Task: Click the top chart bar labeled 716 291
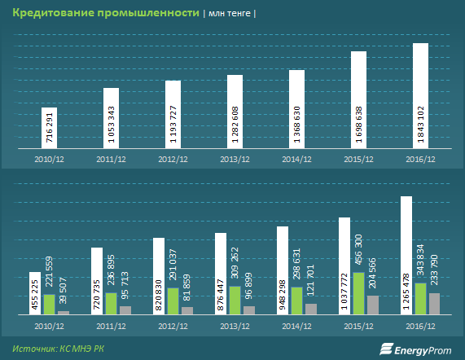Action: point(49,128)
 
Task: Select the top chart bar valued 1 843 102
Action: point(420,96)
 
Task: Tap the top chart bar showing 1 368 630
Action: point(297,109)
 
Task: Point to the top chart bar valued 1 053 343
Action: point(112,118)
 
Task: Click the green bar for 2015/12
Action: point(359,293)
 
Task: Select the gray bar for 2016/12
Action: point(434,304)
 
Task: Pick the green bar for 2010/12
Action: point(50,305)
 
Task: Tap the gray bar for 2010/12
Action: point(64,313)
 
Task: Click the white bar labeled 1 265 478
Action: point(406,255)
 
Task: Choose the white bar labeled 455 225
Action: point(35,293)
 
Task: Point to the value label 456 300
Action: point(358,250)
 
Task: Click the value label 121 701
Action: point(310,280)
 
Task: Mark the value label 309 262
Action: point(235,263)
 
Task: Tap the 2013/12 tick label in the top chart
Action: point(235,160)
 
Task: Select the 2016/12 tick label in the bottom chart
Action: point(420,326)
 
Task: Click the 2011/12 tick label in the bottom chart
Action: point(112,326)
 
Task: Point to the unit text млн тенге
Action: point(230,14)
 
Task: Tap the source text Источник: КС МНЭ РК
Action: point(58,349)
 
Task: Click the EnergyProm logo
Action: point(415,349)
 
